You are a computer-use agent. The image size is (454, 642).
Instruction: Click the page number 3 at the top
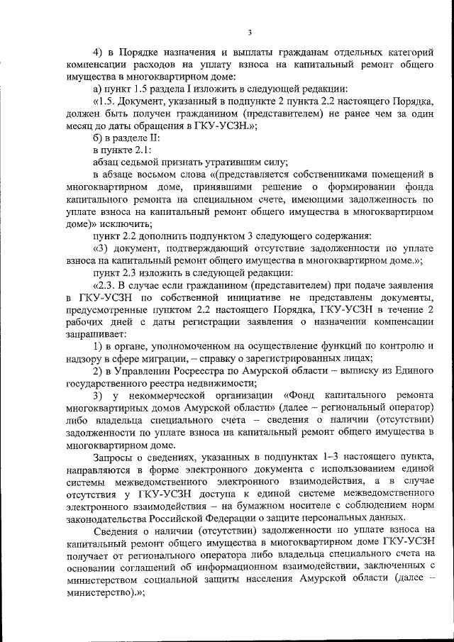[250, 31]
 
